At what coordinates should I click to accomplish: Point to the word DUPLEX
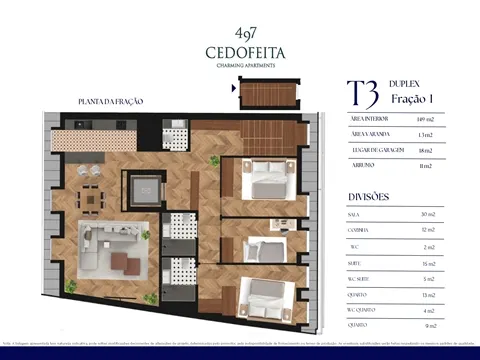[403, 86]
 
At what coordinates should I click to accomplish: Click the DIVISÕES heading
[368, 196]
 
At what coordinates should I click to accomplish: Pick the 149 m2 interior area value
[423, 118]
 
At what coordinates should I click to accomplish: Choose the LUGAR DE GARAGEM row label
[375, 149]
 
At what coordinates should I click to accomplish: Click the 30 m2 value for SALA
[427, 214]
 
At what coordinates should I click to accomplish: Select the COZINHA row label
[360, 230]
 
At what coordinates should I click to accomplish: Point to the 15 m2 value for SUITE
[427, 262]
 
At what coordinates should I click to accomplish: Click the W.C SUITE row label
[363, 278]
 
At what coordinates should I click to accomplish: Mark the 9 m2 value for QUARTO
[427, 325]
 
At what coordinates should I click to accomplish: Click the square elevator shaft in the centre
[143, 187]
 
